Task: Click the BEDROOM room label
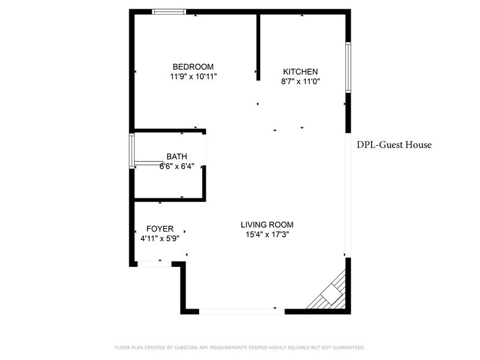193,67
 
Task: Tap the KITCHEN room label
300,72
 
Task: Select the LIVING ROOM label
267,225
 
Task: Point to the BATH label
177,157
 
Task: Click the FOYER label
160,229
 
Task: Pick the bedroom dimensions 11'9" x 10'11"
193,77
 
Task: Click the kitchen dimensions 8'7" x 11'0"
301,81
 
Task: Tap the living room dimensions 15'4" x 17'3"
267,234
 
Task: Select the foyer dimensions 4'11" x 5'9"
160,239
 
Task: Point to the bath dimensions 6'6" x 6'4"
177,166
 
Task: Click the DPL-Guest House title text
394,145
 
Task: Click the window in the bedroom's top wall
169,11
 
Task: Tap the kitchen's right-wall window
348,67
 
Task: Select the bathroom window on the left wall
132,150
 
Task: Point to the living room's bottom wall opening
242,311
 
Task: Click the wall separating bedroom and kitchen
258,46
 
